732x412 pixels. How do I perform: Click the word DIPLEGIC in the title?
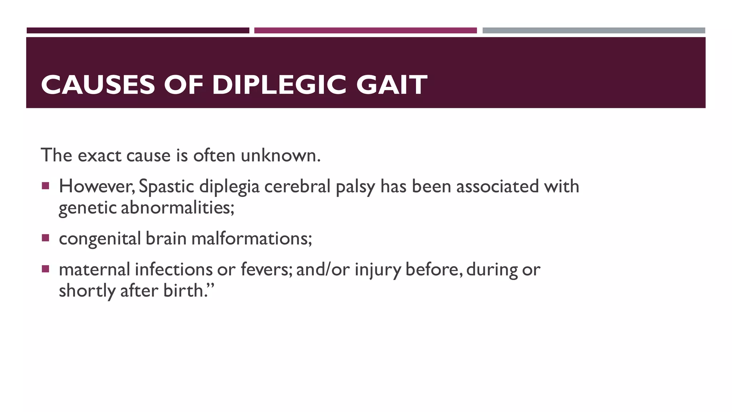pos(279,85)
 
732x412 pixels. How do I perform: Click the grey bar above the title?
pos(594,30)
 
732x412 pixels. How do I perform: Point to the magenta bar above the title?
pos(365,30)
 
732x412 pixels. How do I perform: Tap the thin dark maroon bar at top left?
pos(138,30)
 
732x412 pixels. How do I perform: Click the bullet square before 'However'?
pos(45,186)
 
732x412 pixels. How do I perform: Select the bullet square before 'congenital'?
pos(45,238)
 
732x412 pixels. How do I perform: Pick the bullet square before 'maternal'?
pos(45,269)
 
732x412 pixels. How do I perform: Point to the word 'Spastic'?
pos(166,186)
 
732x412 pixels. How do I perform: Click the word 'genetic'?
pos(88,208)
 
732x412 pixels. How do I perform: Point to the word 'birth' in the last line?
pos(183,290)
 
